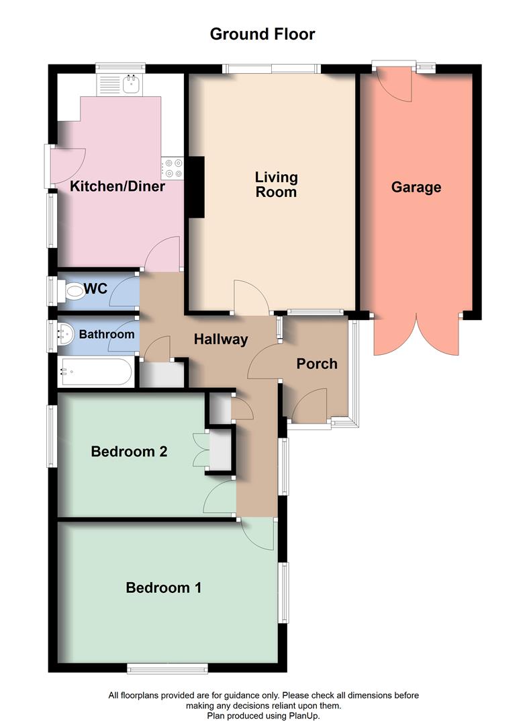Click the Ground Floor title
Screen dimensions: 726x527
pyautogui.click(x=262, y=34)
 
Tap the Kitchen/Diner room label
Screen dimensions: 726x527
pyautogui.click(x=118, y=186)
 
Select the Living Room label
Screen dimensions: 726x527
pyautogui.click(x=276, y=184)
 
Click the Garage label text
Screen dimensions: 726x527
pyautogui.click(x=416, y=187)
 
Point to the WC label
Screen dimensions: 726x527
pyautogui.click(x=95, y=290)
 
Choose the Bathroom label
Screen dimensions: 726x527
pyautogui.click(x=107, y=334)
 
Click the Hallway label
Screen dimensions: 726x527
pyautogui.click(x=221, y=339)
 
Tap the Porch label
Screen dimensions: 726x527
pyautogui.click(x=317, y=364)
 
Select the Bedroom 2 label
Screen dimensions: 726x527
pyautogui.click(x=129, y=452)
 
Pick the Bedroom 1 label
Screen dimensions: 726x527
pyautogui.click(x=164, y=588)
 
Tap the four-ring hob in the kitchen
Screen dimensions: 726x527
pyautogui.click(x=173, y=167)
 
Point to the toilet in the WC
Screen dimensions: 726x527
pyautogui.click(x=72, y=290)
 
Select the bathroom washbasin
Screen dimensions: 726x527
pyautogui.click(x=65, y=334)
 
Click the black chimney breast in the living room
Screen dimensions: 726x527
pyautogui.click(x=196, y=187)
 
